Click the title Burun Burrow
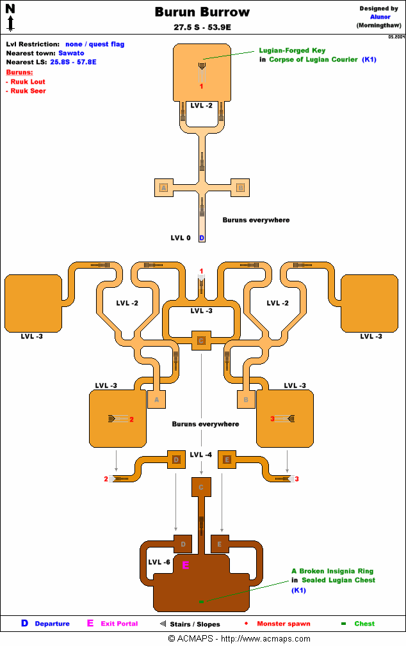202,12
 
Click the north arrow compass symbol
10,18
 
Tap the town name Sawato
71,53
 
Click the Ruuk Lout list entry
28,82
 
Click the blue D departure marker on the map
202,238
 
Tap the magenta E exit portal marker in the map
186,565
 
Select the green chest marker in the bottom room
200,602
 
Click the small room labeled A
156,400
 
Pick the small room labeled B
246,400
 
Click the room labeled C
201,487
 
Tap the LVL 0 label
181,238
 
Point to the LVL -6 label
159,562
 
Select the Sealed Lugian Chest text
338,580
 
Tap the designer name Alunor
380,17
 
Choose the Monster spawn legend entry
283,624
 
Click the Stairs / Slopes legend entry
195,624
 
